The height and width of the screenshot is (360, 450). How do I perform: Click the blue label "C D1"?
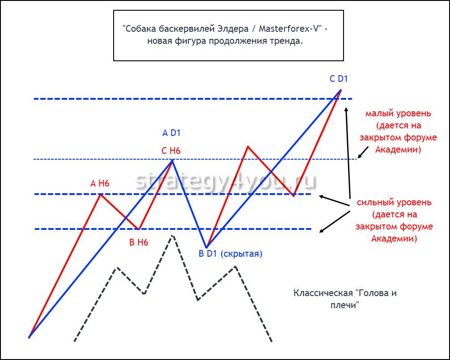(339, 79)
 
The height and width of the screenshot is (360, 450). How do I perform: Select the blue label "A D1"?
(171, 133)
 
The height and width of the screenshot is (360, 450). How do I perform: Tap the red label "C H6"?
(171, 151)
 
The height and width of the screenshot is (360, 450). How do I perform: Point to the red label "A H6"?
(100, 183)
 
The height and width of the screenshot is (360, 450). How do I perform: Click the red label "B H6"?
(139, 243)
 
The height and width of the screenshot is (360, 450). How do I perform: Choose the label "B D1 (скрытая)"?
(230, 254)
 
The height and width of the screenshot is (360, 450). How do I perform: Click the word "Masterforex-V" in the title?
(290, 29)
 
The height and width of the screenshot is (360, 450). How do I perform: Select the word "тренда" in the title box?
(286, 41)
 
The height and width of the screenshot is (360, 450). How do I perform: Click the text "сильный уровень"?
(394, 203)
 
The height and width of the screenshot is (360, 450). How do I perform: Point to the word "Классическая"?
(323, 293)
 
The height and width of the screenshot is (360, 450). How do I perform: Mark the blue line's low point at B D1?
(206, 247)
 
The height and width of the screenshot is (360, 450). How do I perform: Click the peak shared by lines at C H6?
(172, 160)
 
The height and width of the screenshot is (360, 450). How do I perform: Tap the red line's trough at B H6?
(139, 229)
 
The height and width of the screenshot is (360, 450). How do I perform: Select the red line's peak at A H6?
(101, 194)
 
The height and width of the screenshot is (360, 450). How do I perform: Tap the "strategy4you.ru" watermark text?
(226, 181)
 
